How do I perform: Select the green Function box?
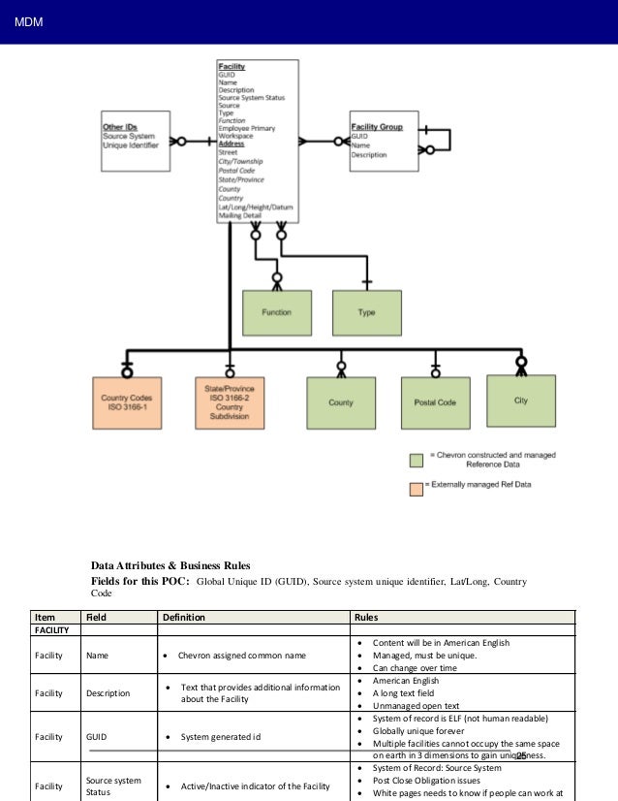point(275,313)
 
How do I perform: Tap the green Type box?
point(366,313)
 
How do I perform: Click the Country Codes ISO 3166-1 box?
point(126,402)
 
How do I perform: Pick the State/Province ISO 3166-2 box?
point(230,402)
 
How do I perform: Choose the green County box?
point(341,402)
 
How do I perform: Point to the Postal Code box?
point(435,402)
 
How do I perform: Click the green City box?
point(521,400)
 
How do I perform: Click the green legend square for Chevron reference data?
point(415,461)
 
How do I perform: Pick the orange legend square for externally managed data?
point(415,484)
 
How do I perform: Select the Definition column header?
point(184,617)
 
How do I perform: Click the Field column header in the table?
point(97,617)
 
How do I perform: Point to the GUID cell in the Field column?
point(97,737)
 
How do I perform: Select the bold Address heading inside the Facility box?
point(232,144)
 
